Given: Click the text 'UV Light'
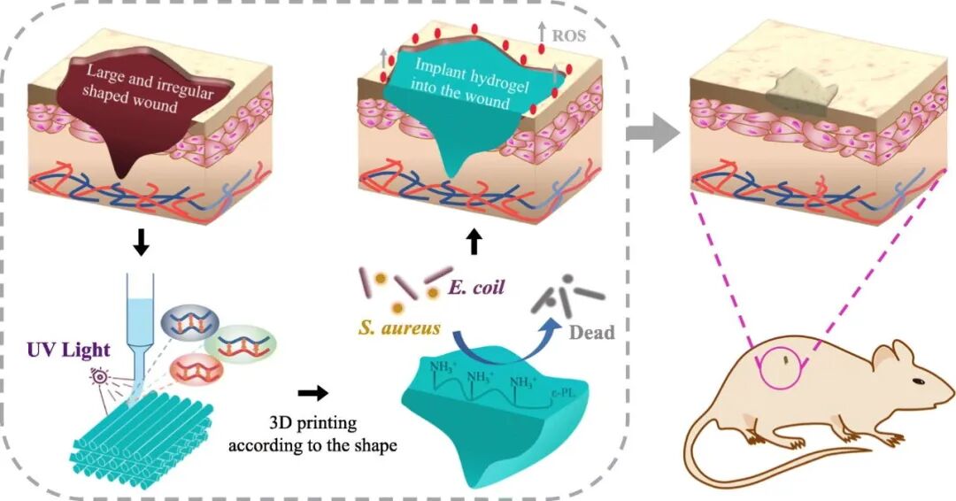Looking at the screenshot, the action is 69,350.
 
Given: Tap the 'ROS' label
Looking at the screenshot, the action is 569,35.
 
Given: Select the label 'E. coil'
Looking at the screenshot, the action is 476,287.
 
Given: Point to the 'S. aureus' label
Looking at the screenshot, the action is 399,328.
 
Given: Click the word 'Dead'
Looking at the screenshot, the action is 591,332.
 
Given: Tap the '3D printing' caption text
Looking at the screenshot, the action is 312,422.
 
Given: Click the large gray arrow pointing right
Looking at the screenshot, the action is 653,132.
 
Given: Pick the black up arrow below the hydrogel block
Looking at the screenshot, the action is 474,242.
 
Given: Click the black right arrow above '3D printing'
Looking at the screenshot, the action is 312,393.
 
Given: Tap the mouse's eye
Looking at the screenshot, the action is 918,382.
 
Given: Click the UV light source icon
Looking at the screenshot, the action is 99,378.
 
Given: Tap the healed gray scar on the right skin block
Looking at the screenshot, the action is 800,91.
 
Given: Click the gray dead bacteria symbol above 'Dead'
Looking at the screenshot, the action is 567,295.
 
